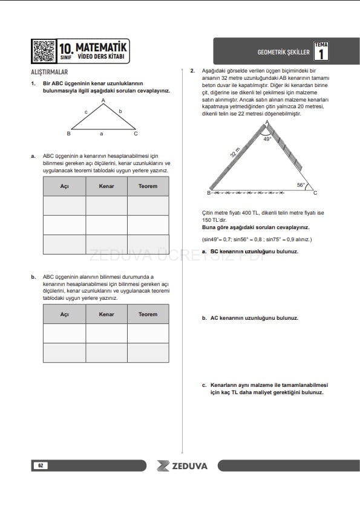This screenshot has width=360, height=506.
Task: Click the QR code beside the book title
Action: pos(44,51)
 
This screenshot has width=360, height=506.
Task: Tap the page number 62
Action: pos(41,465)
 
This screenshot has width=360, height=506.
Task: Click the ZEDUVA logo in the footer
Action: pos(182,465)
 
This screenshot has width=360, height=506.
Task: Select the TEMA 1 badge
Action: pos(321,51)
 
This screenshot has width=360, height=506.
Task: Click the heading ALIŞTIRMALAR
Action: pos(50,72)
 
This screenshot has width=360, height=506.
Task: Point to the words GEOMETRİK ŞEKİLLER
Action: pos(284,52)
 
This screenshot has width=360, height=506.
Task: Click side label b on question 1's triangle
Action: pos(120,111)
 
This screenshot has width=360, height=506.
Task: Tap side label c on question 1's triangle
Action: pos(86,112)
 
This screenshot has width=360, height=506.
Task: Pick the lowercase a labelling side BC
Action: pos(102,134)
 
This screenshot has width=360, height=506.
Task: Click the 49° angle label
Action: pos(267,139)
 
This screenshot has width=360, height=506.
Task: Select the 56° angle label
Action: pos(301,185)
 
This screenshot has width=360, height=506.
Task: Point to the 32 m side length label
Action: pos(235,152)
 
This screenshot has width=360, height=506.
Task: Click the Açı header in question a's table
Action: pos(64,186)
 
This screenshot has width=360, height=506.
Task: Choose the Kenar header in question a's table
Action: pos(106,186)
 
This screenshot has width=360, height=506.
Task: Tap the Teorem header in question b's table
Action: pos(148,314)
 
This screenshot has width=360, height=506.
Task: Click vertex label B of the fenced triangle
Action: pos(209,193)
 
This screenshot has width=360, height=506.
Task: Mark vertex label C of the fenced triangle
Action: pos(315,193)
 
